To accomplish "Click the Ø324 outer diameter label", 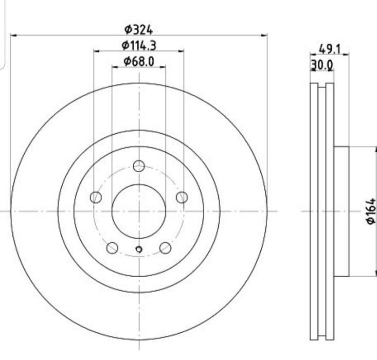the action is point(138,30).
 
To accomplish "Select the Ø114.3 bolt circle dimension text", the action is point(139,45).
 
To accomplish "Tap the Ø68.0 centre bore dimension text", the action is point(139,62).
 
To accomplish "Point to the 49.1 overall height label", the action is point(330,49).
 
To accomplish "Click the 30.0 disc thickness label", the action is point(322,65).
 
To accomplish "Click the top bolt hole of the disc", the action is point(139,166).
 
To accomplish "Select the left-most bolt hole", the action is point(96,197).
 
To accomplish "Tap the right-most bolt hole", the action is point(182,197).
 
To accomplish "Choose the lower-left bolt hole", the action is point(112,248).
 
